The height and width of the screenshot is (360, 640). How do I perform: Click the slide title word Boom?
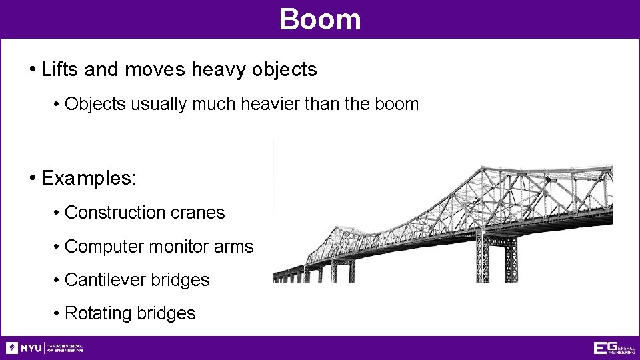[x=320, y=19]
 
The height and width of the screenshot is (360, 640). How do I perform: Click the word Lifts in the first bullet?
[x=58, y=69]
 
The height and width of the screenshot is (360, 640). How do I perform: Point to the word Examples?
[x=89, y=178]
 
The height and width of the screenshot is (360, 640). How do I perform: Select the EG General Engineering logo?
[x=613, y=348]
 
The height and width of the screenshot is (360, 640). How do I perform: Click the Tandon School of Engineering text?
[x=65, y=348]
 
